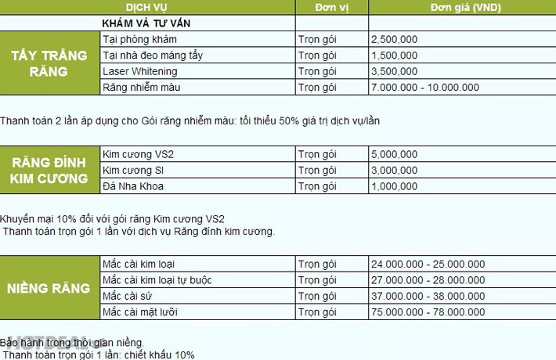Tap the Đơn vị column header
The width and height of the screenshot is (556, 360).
click(x=331, y=7)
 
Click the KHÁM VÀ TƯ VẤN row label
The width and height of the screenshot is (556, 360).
click(x=146, y=23)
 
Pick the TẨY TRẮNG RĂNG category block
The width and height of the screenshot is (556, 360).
click(x=50, y=63)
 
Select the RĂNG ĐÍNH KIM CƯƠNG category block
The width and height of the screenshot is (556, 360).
click(x=50, y=170)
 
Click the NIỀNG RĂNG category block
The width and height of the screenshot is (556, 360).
click(x=50, y=288)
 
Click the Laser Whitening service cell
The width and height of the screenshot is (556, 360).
click(x=140, y=71)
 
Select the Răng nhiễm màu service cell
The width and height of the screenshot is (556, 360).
click(x=142, y=87)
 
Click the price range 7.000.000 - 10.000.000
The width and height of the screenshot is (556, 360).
click(x=425, y=87)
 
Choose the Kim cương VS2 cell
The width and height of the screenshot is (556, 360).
click(x=139, y=154)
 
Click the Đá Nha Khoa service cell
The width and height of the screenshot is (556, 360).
click(x=134, y=186)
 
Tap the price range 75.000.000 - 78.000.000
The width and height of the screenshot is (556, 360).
click(x=428, y=312)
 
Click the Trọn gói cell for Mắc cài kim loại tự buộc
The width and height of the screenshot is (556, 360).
click(x=317, y=280)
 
